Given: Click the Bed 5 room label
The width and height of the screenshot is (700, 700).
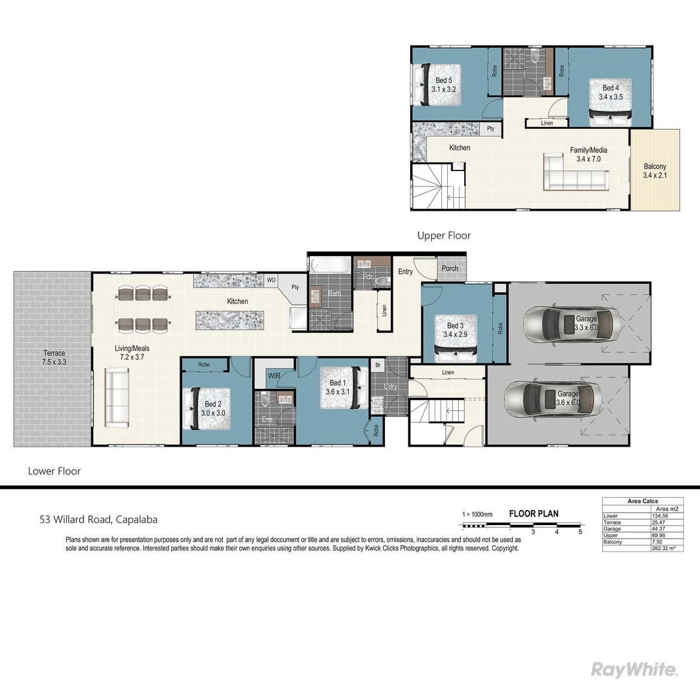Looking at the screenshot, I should click(444, 85).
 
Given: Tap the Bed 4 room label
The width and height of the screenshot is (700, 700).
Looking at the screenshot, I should click(611, 93).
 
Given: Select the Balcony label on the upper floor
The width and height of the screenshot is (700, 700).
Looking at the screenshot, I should click(655, 170).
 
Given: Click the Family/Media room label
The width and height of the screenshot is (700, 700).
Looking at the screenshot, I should click(589, 154).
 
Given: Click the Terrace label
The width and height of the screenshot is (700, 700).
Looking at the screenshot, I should click(54, 357).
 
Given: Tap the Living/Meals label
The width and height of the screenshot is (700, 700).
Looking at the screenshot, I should click(132, 353).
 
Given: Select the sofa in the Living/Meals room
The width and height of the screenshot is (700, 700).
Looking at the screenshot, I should click(117, 397).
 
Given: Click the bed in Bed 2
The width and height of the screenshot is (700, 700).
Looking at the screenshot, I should click(209, 408).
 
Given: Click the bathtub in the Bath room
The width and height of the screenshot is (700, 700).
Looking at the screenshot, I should click(330, 265).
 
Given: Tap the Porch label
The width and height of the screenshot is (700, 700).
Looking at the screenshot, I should click(450, 268).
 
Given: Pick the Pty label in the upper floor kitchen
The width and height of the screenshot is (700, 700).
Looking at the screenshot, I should click(491, 129).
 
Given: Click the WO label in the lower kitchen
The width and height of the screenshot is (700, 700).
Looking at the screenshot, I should click(272, 281).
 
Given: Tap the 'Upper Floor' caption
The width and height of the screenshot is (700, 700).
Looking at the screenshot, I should click(444, 236).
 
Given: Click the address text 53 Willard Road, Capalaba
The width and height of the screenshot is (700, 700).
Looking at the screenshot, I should click(99, 519).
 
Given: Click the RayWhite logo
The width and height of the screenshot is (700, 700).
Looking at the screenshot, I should click(635, 670).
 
